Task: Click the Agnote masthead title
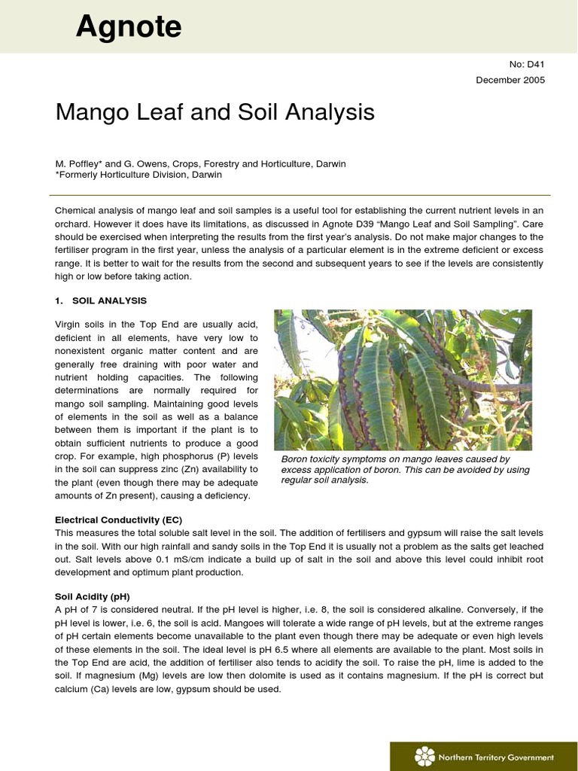pyautogui.click(x=129, y=27)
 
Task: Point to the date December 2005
pyautogui.click(x=510, y=80)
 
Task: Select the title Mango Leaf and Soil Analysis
pyautogui.click(x=214, y=113)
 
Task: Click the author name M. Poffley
pyautogui.click(x=82, y=163)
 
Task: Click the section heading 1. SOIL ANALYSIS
pyautogui.click(x=101, y=300)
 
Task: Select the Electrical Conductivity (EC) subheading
pyautogui.click(x=118, y=520)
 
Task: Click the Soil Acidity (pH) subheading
pyautogui.click(x=93, y=596)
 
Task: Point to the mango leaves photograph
pyautogui.click(x=403, y=379)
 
